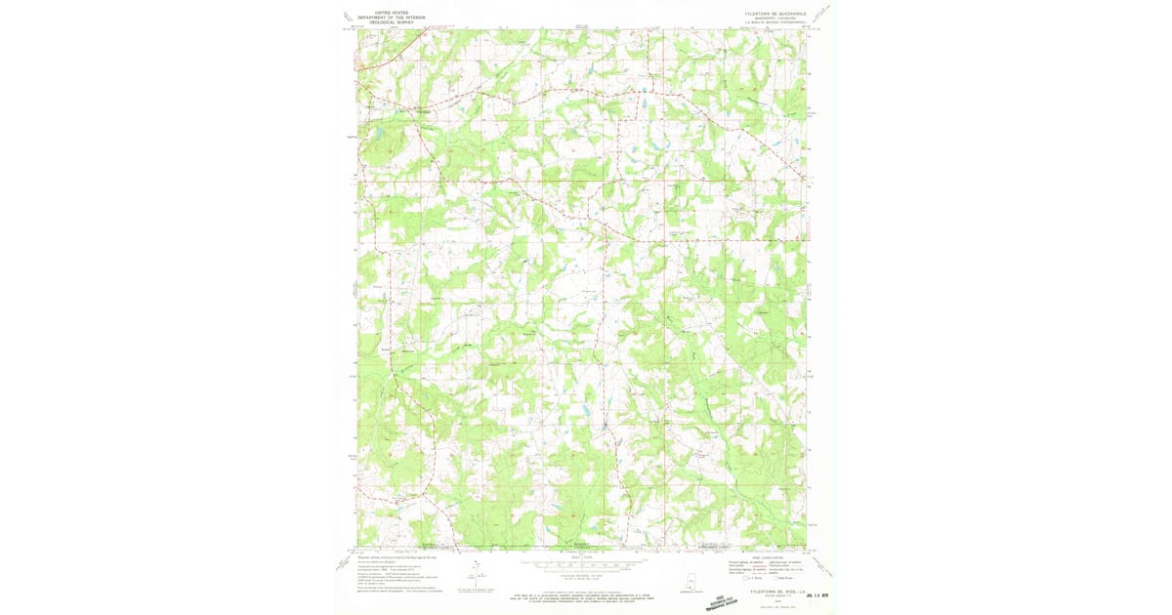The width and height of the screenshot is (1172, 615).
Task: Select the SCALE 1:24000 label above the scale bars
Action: tap(583, 556)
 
